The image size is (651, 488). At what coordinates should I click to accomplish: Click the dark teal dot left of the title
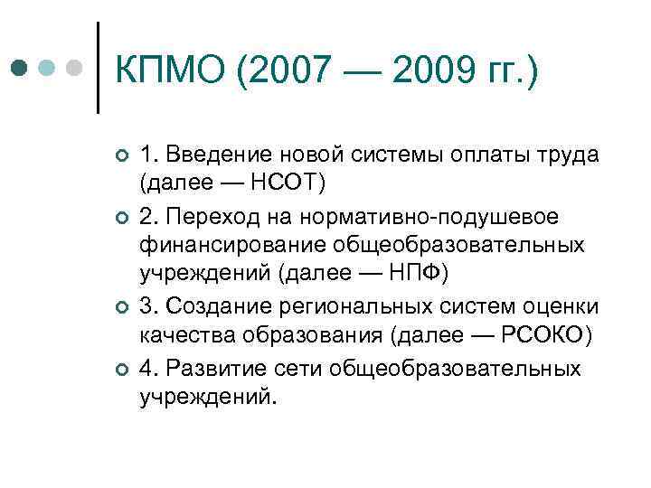click(20, 69)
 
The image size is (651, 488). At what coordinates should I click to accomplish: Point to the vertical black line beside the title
click(98, 68)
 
